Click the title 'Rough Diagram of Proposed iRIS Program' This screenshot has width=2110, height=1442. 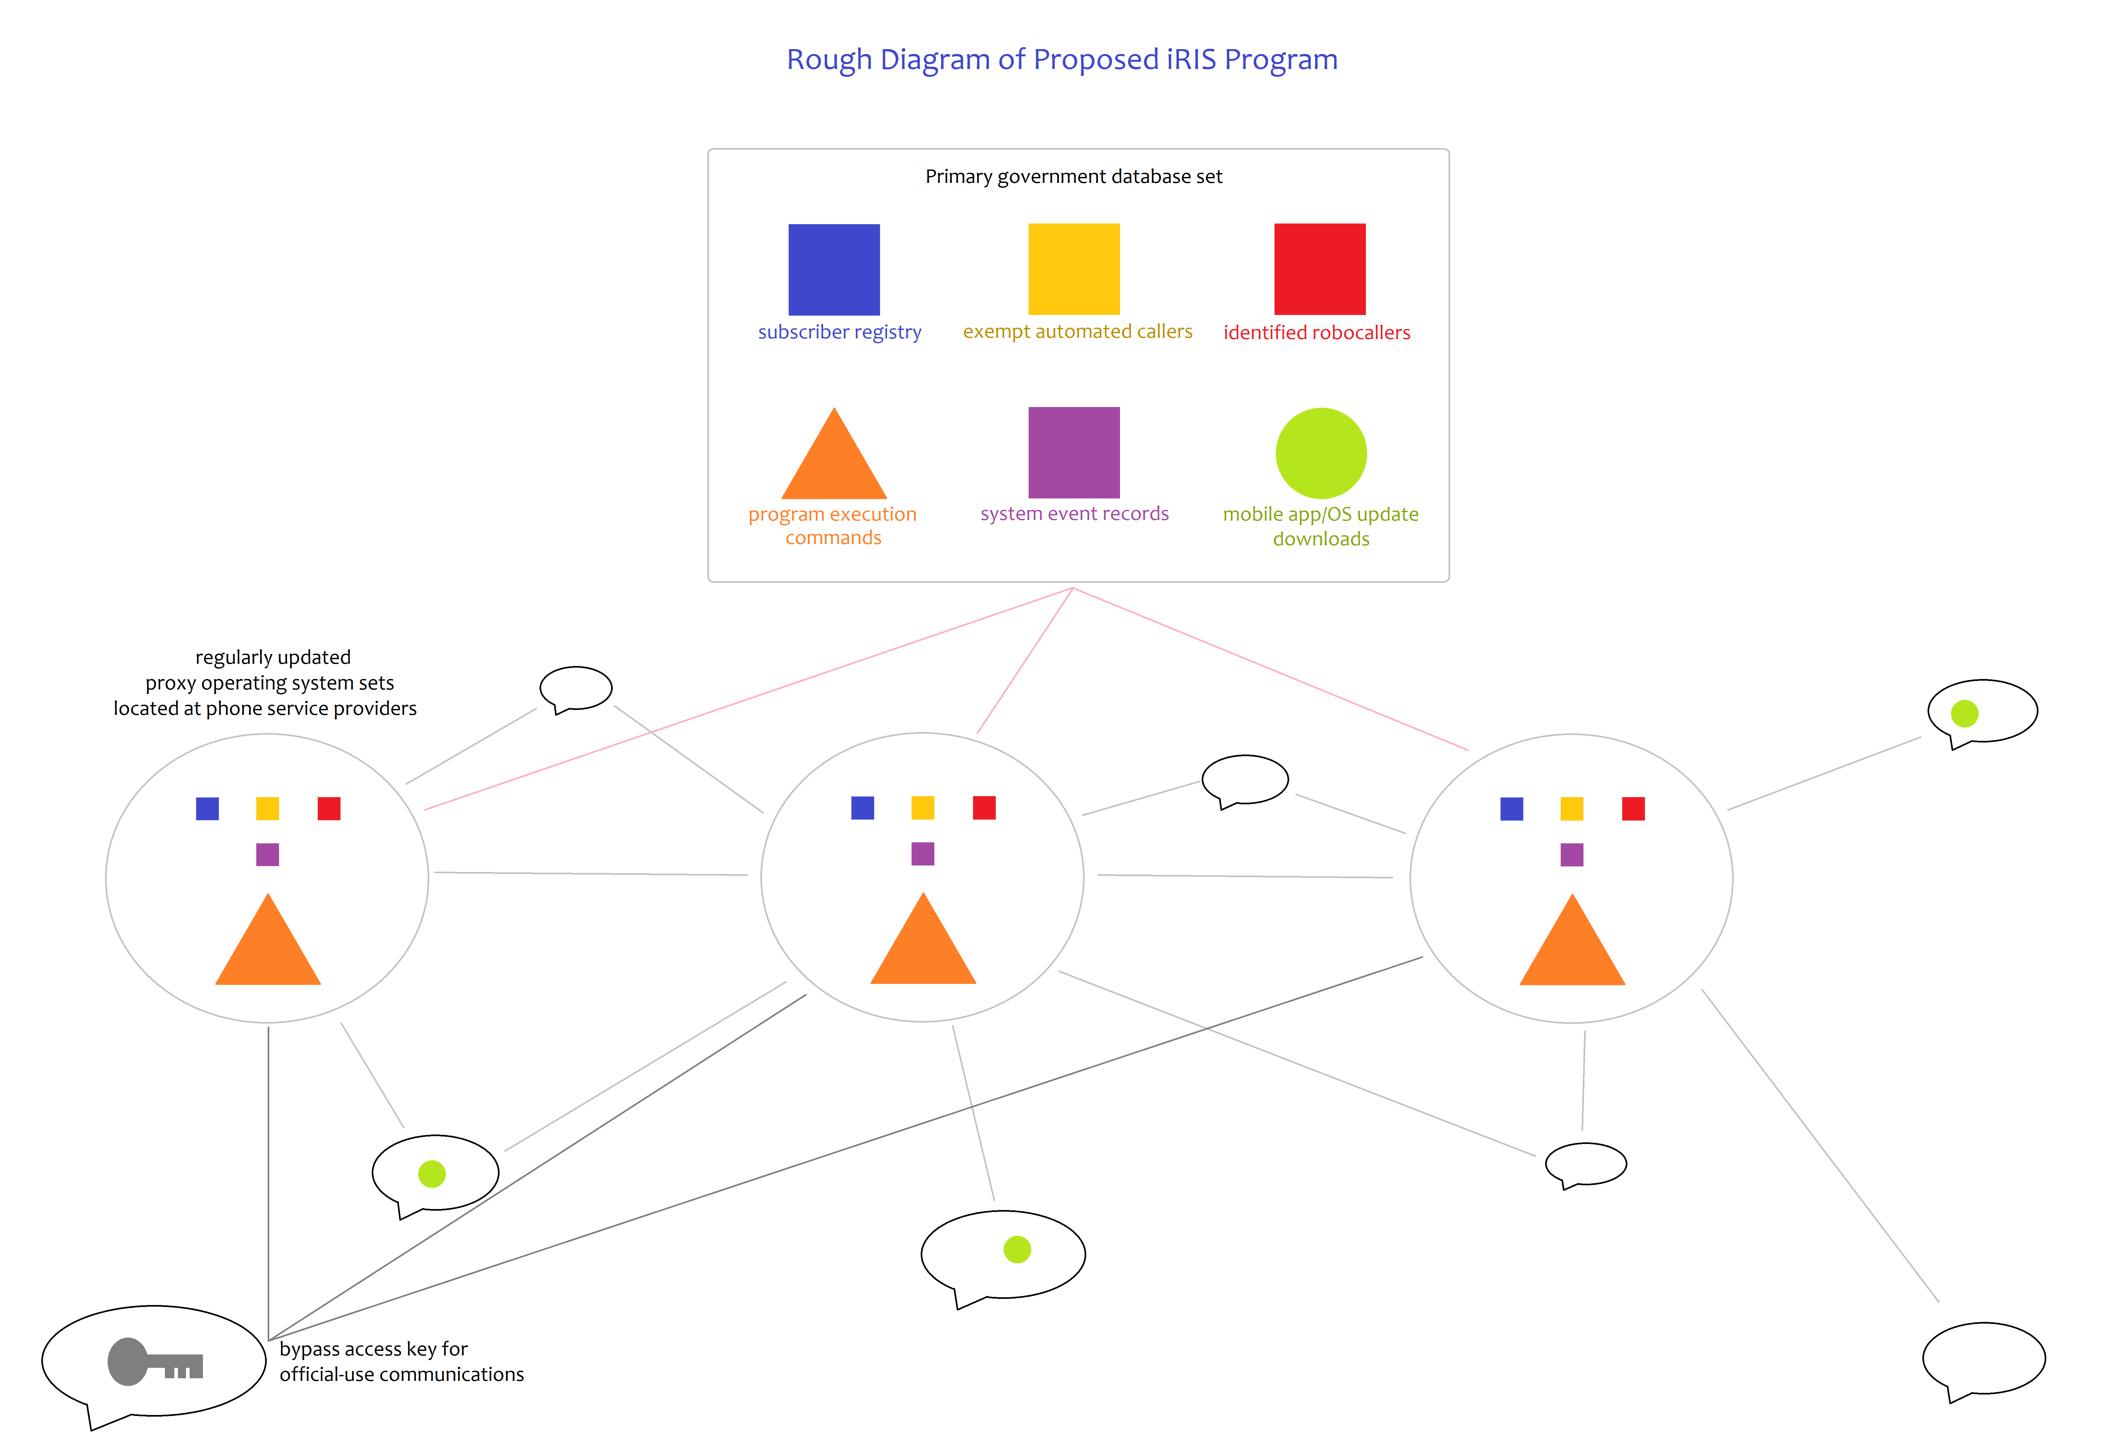(x=1062, y=60)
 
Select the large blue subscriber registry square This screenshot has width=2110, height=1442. (x=834, y=270)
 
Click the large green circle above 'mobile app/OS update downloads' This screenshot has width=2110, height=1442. (x=1321, y=453)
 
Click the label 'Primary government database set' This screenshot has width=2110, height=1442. (x=1073, y=176)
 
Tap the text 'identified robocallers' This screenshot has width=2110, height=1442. (x=1316, y=332)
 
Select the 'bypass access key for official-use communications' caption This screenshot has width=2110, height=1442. (x=401, y=1361)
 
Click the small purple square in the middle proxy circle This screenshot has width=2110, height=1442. (x=922, y=853)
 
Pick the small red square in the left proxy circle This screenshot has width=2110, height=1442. (x=329, y=808)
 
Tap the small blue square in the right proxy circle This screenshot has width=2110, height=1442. (x=1512, y=808)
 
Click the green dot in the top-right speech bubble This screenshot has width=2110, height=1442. (x=1965, y=714)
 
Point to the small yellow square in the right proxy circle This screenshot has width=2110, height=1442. (x=1571, y=808)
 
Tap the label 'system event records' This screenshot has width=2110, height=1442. (x=1074, y=514)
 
